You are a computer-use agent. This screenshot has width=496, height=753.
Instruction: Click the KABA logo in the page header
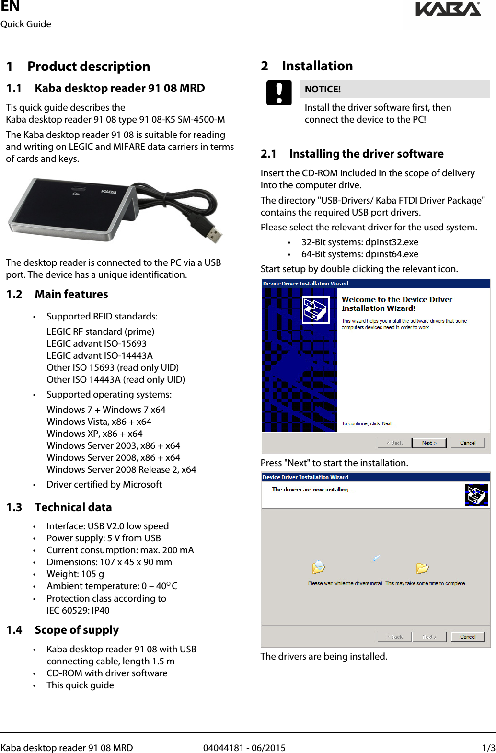(448, 9)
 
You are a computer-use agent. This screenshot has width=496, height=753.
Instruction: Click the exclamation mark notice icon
(279, 92)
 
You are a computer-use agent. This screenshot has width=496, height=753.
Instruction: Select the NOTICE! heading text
(323, 90)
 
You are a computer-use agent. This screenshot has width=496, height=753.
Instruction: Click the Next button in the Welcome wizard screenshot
(429, 443)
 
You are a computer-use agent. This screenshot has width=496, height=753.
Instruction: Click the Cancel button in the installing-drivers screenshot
(468, 637)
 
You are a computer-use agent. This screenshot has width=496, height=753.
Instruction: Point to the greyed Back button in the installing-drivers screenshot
(394, 637)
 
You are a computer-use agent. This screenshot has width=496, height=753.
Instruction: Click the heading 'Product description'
(89, 67)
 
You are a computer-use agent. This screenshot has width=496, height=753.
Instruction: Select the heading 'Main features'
(71, 295)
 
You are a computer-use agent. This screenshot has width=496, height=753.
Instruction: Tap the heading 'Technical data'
(73, 508)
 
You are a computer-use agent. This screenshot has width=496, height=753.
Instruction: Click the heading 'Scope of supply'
(77, 630)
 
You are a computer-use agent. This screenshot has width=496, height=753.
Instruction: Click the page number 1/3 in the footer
(488, 748)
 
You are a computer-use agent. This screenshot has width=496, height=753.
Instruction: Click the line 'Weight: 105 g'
(75, 574)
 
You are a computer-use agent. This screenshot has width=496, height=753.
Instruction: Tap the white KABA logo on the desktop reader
(109, 192)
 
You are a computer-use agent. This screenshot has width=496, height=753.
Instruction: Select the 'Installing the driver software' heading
(366, 154)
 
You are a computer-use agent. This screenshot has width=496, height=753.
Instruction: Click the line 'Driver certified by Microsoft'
(104, 485)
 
